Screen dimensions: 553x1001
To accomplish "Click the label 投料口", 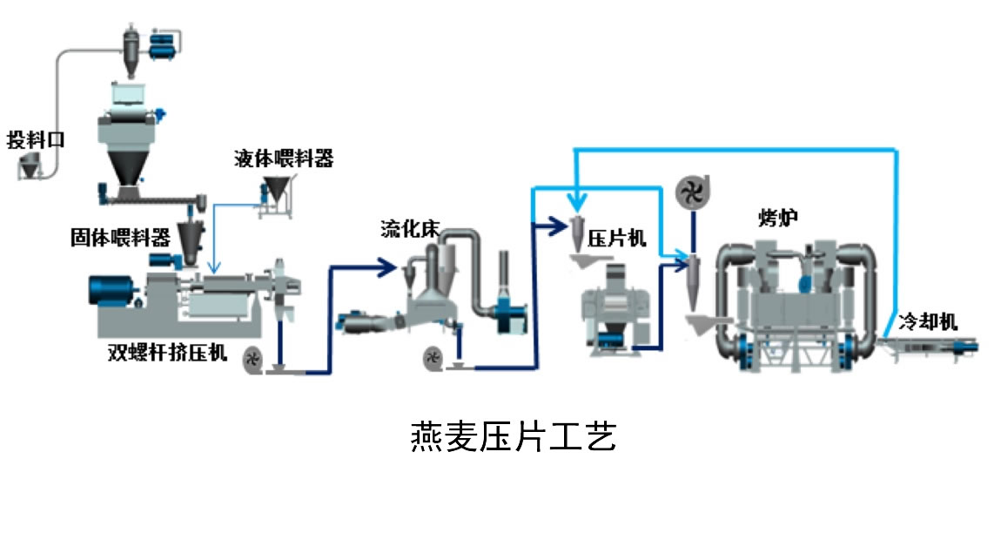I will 36,139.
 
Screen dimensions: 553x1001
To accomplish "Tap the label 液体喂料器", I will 284,158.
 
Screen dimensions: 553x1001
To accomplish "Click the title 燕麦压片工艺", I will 513,436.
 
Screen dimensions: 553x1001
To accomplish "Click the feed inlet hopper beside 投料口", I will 31,165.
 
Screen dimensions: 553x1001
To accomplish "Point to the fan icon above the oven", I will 694,193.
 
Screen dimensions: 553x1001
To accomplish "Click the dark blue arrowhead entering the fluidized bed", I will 389,267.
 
